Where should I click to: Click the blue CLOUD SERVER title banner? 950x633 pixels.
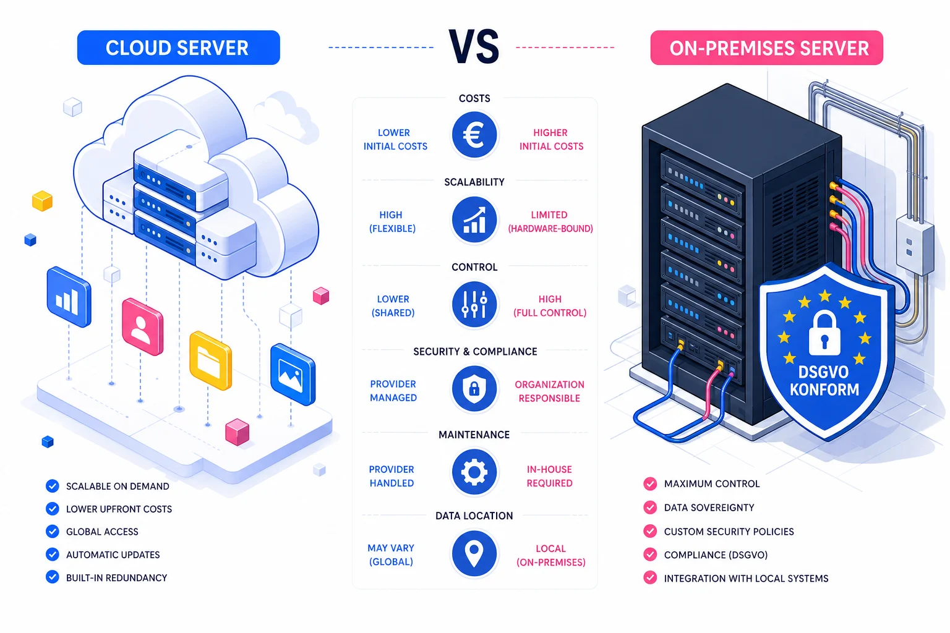[x=178, y=48]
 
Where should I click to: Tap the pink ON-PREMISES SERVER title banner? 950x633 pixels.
[x=766, y=48]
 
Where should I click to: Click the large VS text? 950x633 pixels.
[x=474, y=47]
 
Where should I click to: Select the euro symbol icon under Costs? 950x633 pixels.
[x=474, y=135]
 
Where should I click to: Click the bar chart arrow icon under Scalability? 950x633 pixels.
[x=474, y=220]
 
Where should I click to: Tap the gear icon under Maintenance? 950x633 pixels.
[x=474, y=473]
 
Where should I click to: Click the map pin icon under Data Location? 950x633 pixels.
[x=474, y=553]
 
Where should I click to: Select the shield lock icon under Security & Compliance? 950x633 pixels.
[x=474, y=389]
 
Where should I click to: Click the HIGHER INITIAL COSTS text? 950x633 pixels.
[x=551, y=140]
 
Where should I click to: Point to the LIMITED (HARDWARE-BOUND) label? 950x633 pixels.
[x=550, y=222]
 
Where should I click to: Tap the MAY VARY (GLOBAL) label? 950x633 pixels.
[x=391, y=555]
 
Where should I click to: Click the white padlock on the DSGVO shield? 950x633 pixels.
[x=824, y=334]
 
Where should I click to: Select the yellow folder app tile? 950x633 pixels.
[x=210, y=361]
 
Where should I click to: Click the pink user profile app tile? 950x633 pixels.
[x=142, y=327]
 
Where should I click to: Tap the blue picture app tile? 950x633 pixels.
[x=293, y=375]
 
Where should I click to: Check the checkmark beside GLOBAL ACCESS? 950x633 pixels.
[x=53, y=532]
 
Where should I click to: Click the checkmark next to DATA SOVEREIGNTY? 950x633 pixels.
[x=650, y=508]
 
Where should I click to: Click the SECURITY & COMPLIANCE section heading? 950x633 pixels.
[x=475, y=352]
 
